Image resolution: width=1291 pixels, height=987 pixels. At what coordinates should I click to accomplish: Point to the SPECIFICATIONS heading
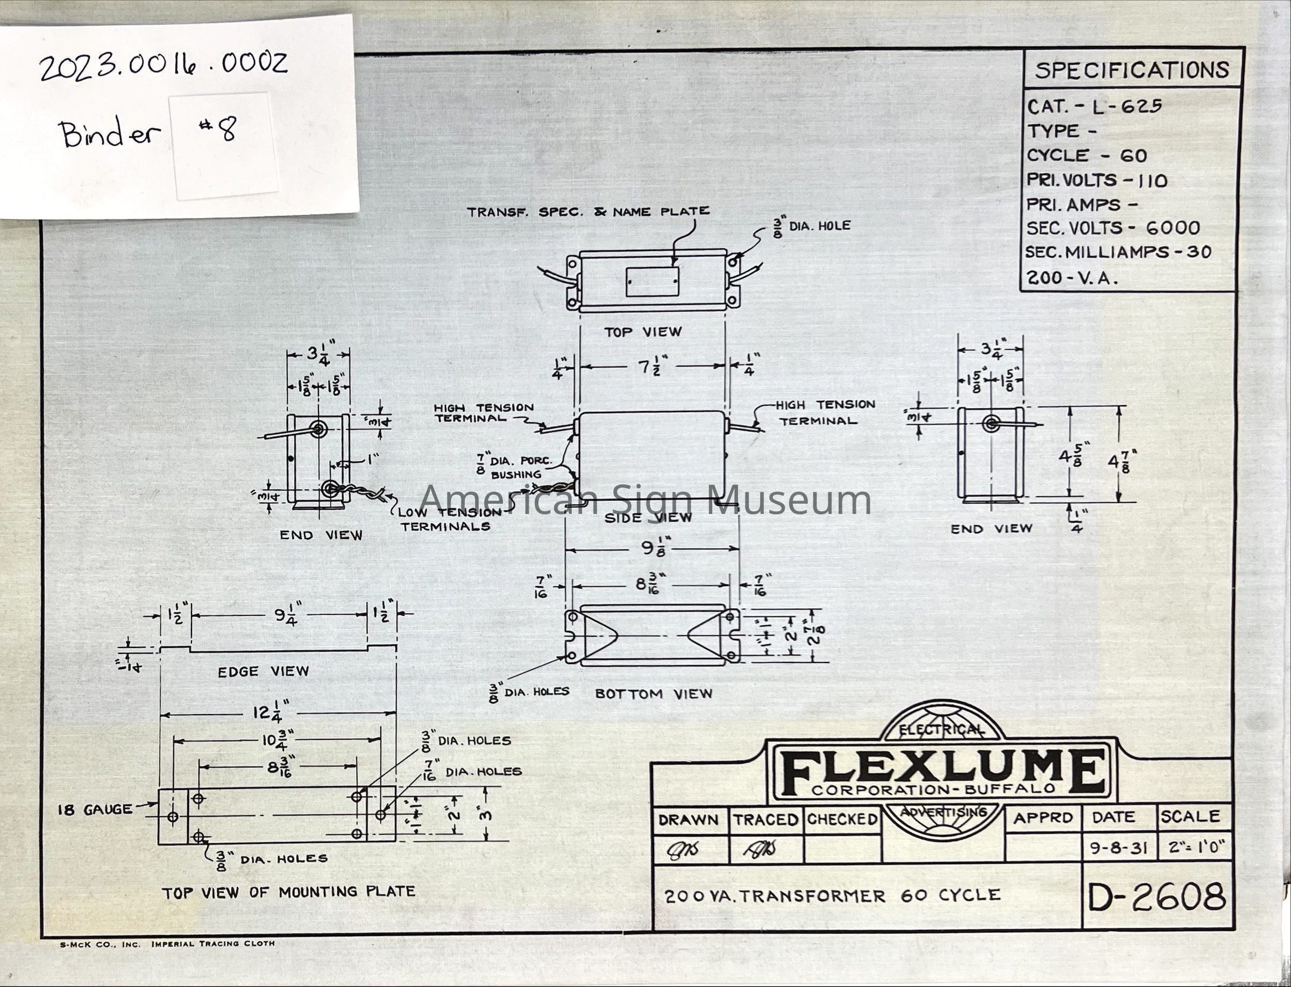[1131, 70]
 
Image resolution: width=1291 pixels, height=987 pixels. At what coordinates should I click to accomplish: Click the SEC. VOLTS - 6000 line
[1113, 228]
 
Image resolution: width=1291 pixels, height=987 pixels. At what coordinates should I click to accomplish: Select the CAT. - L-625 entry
[1094, 107]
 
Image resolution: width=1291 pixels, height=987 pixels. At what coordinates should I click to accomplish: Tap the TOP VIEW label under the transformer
[643, 332]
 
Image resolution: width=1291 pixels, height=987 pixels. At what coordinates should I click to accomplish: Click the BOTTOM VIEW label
[654, 694]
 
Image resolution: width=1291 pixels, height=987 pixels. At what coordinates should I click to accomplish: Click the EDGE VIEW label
[263, 672]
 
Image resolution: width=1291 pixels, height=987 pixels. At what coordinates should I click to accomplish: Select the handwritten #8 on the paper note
[222, 130]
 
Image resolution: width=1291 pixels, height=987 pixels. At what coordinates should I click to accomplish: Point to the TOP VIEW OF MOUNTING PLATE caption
[288, 892]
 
